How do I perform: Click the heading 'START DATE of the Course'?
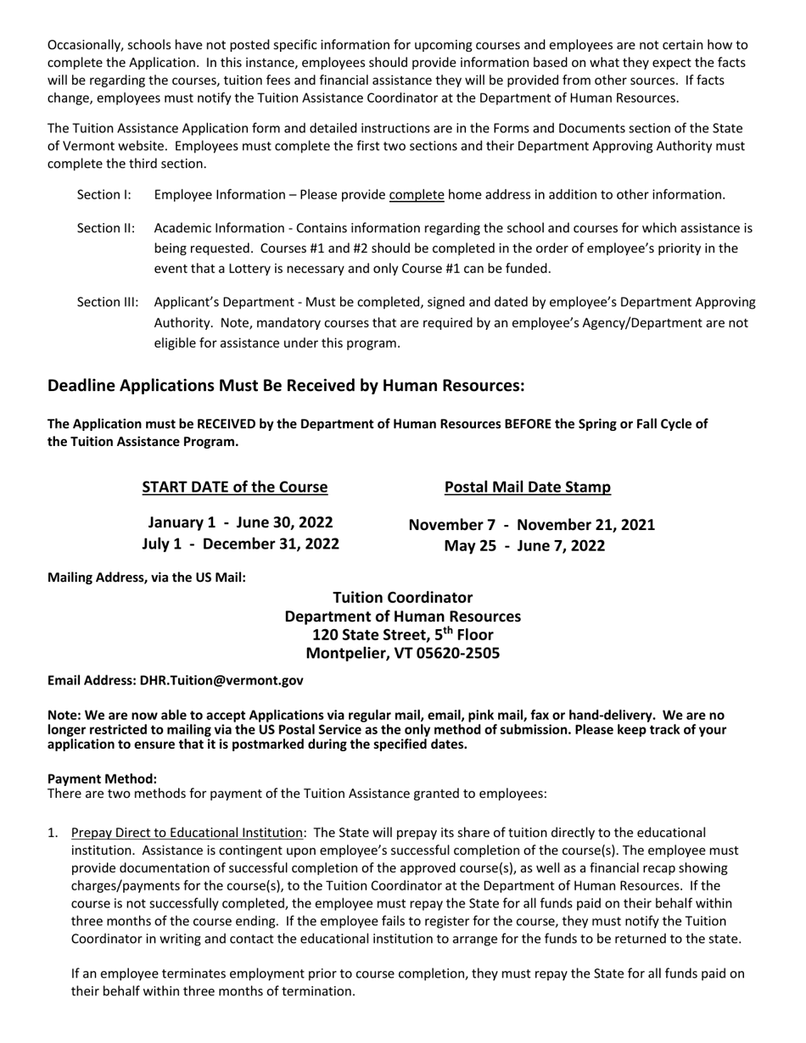(x=234, y=487)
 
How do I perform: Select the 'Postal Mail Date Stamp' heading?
(x=527, y=487)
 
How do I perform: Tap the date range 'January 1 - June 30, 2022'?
(x=240, y=522)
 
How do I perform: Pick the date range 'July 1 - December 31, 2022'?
(x=240, y=544)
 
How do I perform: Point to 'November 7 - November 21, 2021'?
(x=531, y=525)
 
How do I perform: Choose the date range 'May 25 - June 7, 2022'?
(x=524, y=545)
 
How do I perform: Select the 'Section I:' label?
(x=104, y=195)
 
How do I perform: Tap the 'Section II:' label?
(x=105, y=228)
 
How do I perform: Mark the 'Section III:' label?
(x=107, y=303)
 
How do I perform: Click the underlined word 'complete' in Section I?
(x=417, y=195)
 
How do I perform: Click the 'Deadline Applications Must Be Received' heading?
(x=286, y=386)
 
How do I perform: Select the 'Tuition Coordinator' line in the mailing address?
(x=402, y=598)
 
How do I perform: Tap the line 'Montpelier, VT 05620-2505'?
(x=402, y=654)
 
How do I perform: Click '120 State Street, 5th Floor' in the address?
(x=402, y=635)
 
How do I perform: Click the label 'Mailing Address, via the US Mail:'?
(x=147, y=577)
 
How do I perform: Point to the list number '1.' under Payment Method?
(x=53, y=833)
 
